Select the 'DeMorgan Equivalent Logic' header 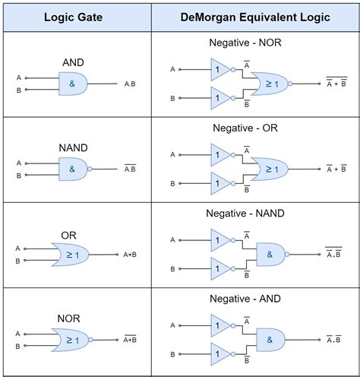click(x=254, y=17)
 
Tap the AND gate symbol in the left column click(x=74, y=84)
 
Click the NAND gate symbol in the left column click(x=74, y=169)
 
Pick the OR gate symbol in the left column click(x=71, y=254)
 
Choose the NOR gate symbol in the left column click(x=71, y=339)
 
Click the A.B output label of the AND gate click(x=130, y=84)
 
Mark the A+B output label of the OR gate click(x=129, y=255)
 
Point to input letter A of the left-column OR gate click(x=17, y=248)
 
